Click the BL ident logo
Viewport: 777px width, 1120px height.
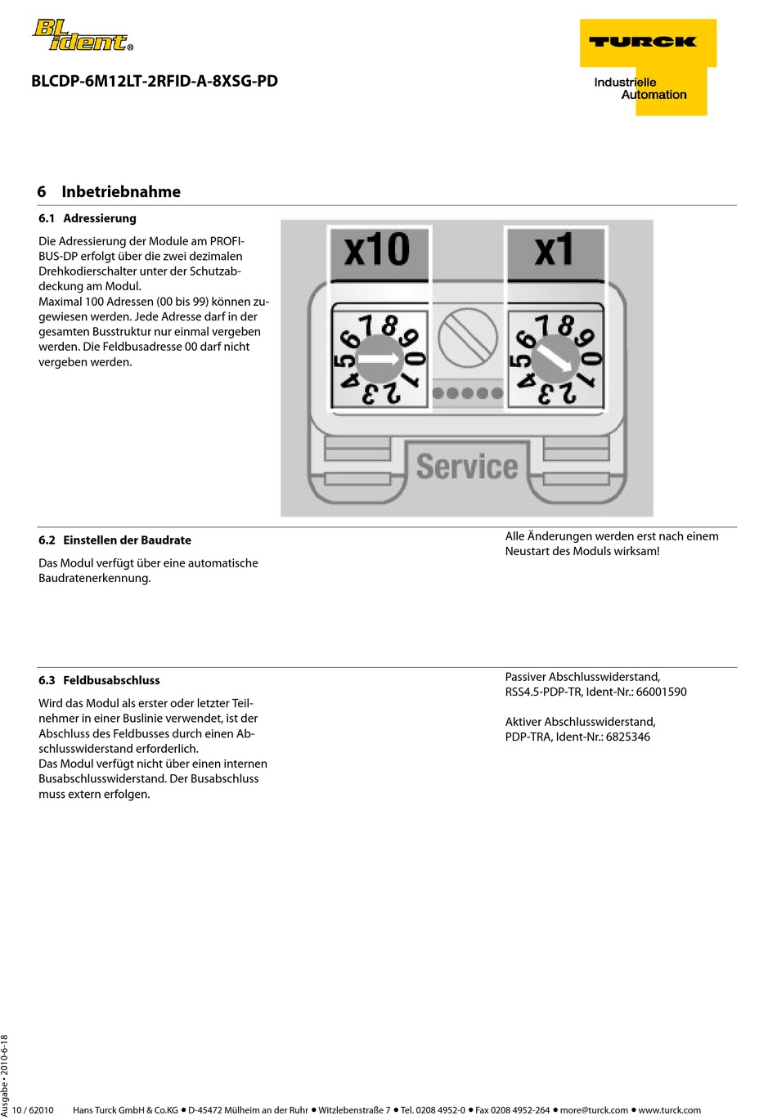pyautogui.click(x=82, y=36)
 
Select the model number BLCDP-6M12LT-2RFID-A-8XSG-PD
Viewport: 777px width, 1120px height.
pyautogui.click(x=155, y=81)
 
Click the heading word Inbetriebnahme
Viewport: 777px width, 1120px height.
pyautogui.click(x=121, y=192)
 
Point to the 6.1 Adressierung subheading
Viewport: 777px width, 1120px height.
pyautogui.click(x=88, y=218)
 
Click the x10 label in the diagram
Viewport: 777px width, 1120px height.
pyautogui.click(x=377, y=250)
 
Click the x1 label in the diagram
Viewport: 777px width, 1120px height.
pyautogui.click(x=555, y=251)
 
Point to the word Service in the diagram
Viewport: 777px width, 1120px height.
pyautogui.click(x=467, y=467)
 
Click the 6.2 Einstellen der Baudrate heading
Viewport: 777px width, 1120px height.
pyautogui.click(x=115, y=540)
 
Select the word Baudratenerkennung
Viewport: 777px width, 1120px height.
pyautogui.click(x=95, y=578)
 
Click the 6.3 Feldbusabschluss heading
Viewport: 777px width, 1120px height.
pyautogui.click(x=99, y=680)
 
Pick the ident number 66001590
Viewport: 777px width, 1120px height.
pyautogui.click(x=661, y=692)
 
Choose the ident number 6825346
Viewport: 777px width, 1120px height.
pyautogui.click(x=627, y=737)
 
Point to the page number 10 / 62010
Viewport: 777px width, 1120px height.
pyautogui.click(x=33, y=1110)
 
